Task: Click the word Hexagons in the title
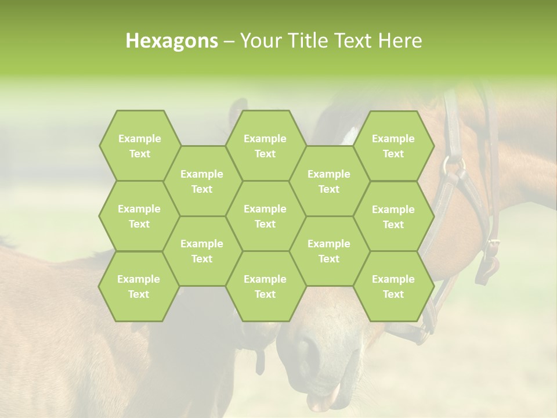pos(172,41)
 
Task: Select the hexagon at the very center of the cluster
pos(265,216)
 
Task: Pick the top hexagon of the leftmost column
pos(139,146)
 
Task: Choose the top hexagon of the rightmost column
pos(393,146)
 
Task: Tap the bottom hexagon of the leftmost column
pos(139,286)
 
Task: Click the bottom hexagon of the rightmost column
pos(393,286)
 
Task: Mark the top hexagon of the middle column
pos(265,146)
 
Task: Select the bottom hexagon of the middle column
pos(265,286)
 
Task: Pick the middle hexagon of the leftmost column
pos(139,216)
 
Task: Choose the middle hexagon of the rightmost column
pos(393,217)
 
